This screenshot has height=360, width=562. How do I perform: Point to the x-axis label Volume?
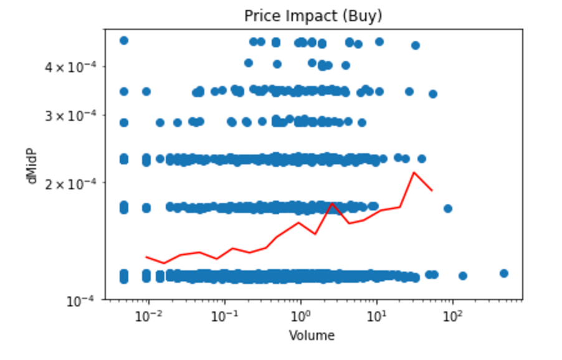click(x=312, y=336)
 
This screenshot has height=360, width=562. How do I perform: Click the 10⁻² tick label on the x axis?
click(x=148, y=316)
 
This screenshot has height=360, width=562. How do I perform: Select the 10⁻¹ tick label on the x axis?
click(x=224, y=316)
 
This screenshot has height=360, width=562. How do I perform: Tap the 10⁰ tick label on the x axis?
click(x=301, y=316)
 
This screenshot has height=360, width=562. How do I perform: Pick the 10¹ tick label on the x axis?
click(x=376, y=316)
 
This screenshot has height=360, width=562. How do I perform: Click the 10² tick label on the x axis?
click(x=452, y=316)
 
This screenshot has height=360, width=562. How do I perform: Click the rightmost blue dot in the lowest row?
click(x=504, y=273)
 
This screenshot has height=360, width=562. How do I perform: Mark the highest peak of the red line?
click(x=413, y=173)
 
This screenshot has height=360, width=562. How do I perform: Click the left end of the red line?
click(x=146, y=257)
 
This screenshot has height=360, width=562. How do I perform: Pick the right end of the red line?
click(x=432, y=190)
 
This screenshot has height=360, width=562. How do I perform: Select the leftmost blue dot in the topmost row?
click(x=123, y=40)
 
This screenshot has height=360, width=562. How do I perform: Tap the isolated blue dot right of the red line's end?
click(x=447, y=209)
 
